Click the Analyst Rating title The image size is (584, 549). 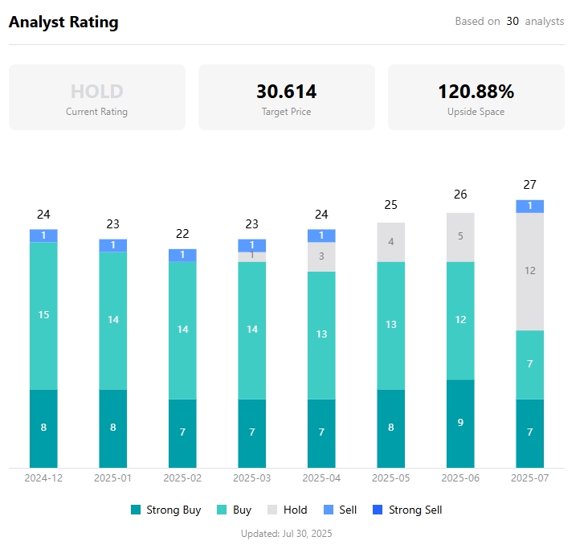(x=63, y=23)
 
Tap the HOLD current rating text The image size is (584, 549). (x=96, y=91)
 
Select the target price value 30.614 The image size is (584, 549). (x=286, y=91)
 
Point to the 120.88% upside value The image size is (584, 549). (x=476, y=91)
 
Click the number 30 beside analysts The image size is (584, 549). (x=513, y=22)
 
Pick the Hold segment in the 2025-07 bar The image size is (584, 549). (x=529, y=272)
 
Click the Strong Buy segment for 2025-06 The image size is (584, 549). (x=460, y=424)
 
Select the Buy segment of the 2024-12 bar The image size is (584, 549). (x=43, y=315)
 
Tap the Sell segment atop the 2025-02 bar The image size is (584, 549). (x=182, y=255)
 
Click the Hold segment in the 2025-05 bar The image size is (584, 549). (x=391, y=242)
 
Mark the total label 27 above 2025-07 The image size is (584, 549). (x=529, y=185)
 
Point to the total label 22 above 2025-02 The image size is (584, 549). (x=182, y=234)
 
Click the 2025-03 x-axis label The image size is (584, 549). (x=252, y=477)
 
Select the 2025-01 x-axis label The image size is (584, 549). (x=113, y=477)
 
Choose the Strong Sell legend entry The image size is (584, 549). (x=407, y=510)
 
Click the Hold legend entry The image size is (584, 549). (x=287, y=510)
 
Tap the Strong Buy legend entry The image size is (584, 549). (x=165, y=510)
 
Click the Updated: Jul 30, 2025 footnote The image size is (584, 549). (x=286, y=533)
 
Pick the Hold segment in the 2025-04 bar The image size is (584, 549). (x=321, y=256)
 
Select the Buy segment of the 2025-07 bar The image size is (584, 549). (x=529, y=364)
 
